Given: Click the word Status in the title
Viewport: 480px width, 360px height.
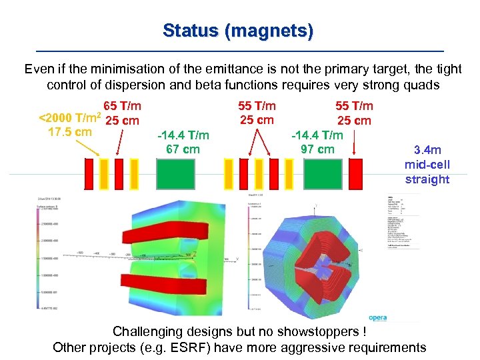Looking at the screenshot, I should pos(190,31).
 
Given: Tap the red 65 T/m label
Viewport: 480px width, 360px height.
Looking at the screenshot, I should pos(122,106).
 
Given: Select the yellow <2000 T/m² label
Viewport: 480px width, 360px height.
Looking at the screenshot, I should pos(70,119).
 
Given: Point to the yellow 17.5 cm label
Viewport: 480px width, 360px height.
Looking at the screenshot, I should pos(70,132).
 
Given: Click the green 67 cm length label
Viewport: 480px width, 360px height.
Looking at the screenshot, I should pos(183,149).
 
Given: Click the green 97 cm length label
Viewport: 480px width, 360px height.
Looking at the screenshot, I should pos(317,149).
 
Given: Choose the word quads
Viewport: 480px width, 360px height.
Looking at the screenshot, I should pos(425,85).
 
